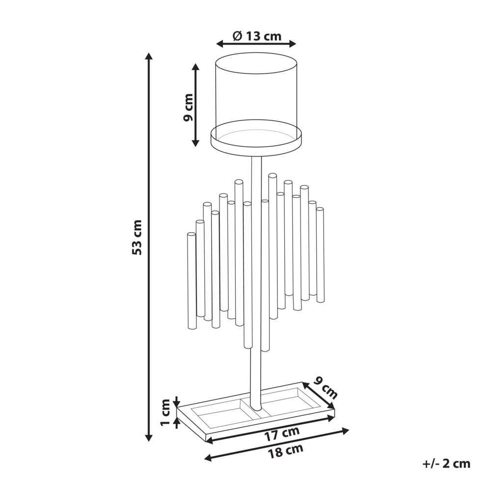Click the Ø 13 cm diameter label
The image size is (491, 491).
pyautogui.click(x=257, y=37)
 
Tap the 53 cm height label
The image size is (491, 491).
pyautogui.click(x=137, y=237)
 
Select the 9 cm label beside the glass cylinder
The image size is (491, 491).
pyautogui.click(x=188, y=107)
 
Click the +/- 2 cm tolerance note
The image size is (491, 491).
pyautogui.click(x=446, y=464)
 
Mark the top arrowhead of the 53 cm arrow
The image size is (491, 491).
pyautogui.click(x=149, y=56)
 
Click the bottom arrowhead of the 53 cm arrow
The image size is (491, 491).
pyautogui.click(x=149, y=438)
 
